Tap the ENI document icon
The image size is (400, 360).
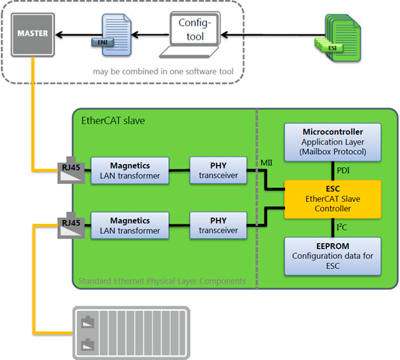tap(107, 33)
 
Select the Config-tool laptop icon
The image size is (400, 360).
tap(191, 37)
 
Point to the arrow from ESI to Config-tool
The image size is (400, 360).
tap(266, 33)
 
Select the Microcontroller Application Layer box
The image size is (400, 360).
tap(333, 141)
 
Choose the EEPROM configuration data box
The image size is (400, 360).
tap(333, 256)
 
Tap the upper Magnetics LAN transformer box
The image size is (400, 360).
tap(130, 169)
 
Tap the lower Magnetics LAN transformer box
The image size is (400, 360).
tap(130, 225)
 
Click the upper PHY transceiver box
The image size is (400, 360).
tap(219, 169)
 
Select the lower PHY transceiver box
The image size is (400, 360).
tap(219, 225)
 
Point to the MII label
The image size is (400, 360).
tap(264, 160)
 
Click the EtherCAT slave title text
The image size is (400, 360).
tap(112, 121)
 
